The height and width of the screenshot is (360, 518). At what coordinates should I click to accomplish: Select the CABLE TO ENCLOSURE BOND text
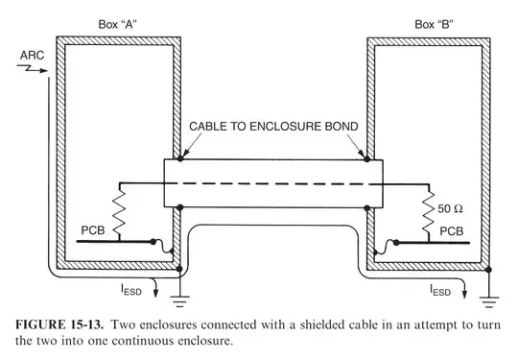(271, 126)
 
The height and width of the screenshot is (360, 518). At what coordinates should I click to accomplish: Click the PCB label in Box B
(452, 231)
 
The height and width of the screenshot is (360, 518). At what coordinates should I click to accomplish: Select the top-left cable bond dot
(180, 158)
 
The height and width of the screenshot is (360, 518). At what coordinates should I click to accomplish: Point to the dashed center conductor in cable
(273, 181)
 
